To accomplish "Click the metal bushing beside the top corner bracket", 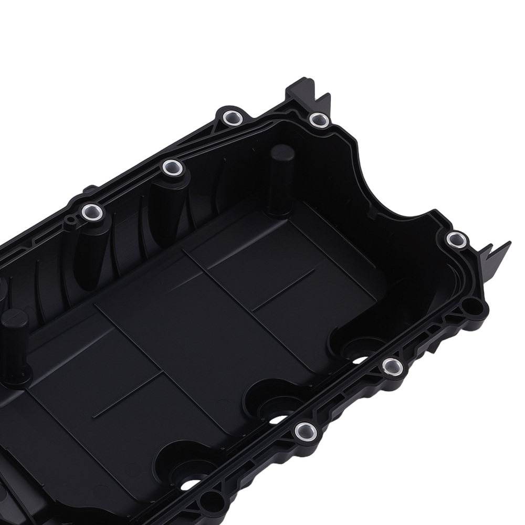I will pos(319,120).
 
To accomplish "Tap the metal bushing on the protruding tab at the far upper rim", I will pos(230,117).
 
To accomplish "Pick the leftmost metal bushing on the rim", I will pos(91,212).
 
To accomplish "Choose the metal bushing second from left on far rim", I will pos(172,168).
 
